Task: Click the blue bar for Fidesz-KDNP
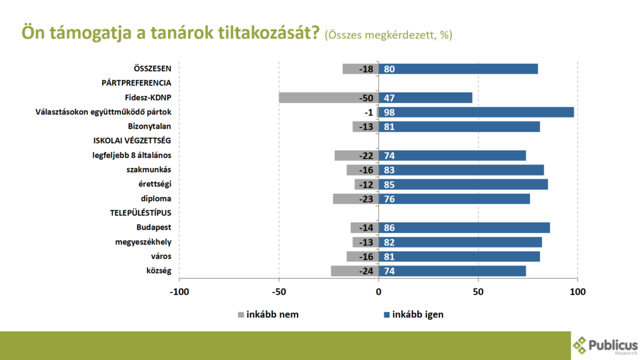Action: [431, 97]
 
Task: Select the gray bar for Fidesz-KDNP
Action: [319, 97]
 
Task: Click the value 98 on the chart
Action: [389, 112]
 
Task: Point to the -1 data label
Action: [369, 112]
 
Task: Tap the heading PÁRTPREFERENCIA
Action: [136, 83]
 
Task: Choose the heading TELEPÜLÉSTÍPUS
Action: [141, 213]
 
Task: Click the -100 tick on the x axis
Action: [179, 291]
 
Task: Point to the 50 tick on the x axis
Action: [478, 291]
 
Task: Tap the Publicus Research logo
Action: [605, 345]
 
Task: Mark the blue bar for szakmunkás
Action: [466, 170]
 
